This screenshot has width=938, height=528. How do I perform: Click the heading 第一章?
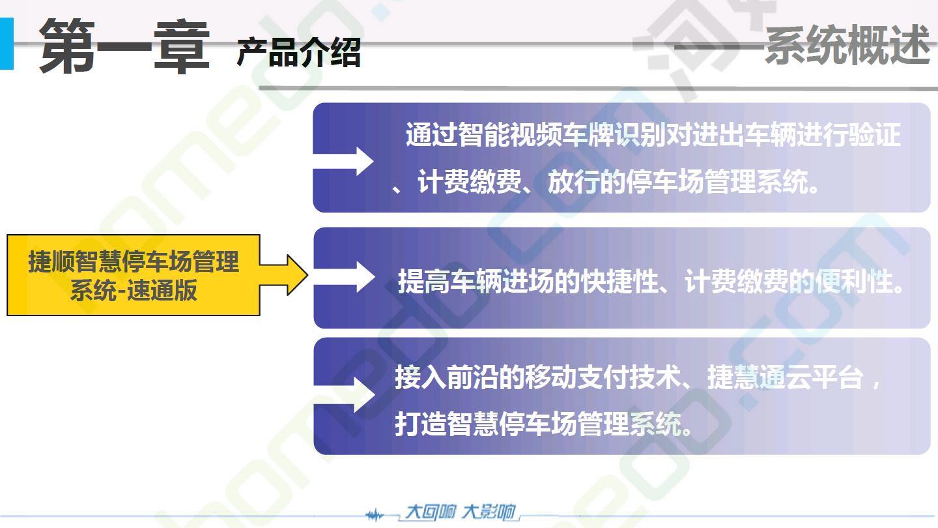click(124, 46)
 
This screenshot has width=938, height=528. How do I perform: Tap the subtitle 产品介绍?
click(298, 52)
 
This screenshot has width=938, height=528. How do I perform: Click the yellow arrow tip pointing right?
click(307, 275)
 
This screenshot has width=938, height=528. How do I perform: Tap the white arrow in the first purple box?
click(343, 162)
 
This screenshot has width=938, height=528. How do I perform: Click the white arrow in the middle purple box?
click(344, 276)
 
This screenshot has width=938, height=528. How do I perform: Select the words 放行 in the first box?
click(573, 183)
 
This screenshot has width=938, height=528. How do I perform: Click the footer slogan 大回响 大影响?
click(460, 512)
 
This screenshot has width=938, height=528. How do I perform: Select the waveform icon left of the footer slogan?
click(374, 515)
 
